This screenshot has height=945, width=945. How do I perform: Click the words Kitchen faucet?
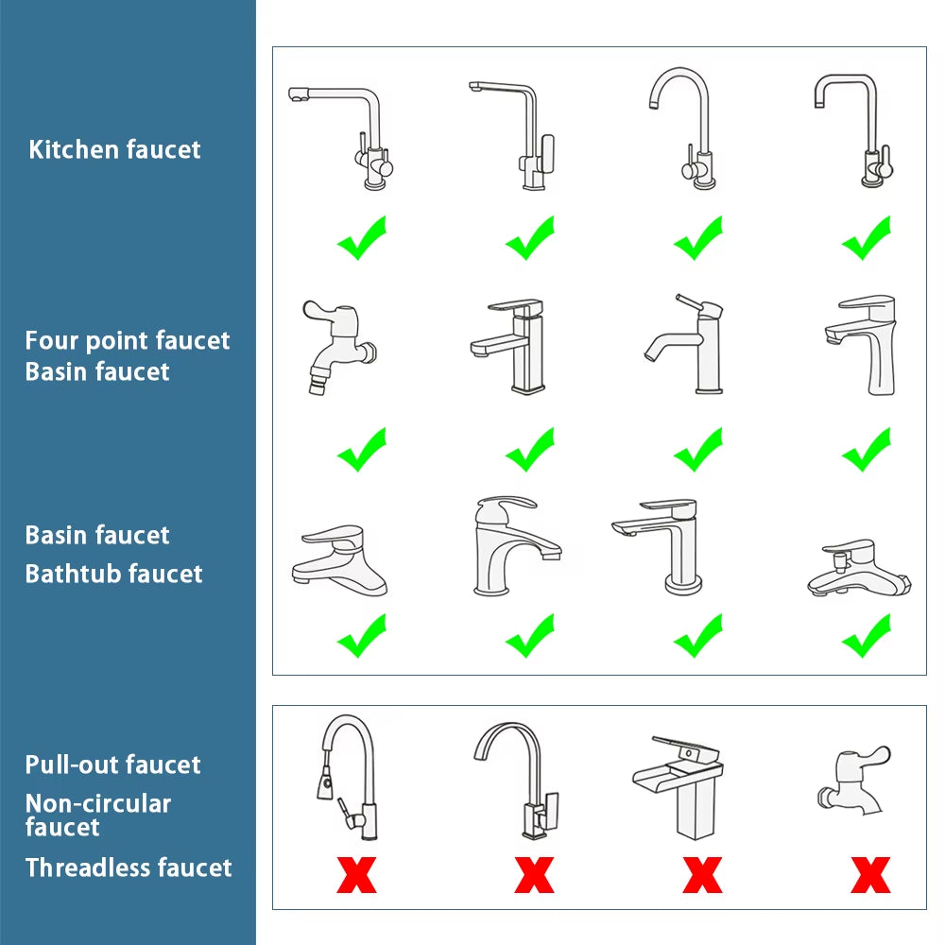click(x=114, y=149)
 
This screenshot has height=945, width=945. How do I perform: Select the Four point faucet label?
click(x=127, y=340)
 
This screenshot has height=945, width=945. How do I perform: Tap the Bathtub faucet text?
click(x=113, y=574)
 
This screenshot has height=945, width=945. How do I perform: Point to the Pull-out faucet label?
click(x=112, y=765)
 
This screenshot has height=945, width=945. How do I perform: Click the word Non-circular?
click(x=97, y=804)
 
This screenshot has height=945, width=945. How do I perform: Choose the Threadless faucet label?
click(x=128, y=868)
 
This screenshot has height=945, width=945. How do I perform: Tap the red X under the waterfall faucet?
click(x=701, y=875)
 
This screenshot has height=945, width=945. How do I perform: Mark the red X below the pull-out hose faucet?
click(x=356, y=875)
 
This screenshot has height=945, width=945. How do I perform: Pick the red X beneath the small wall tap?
click(x=869, y=875)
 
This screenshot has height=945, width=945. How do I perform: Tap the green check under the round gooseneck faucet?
click(x=698, y=238)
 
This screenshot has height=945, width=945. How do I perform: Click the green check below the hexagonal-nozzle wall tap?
click(x=362, y=450)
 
